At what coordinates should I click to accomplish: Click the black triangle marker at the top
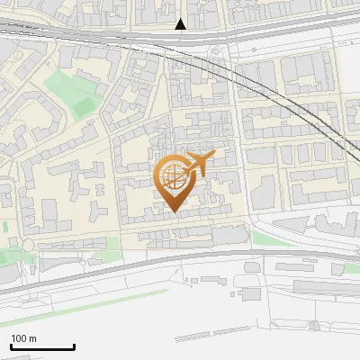coord(181,24)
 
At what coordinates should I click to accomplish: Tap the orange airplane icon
coord(199,164)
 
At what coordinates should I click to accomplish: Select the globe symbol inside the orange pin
coord(172,175)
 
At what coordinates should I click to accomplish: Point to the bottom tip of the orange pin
coord(172,211)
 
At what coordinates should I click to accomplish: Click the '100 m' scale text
coord(23,338)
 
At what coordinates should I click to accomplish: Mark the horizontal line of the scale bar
coord(42,347)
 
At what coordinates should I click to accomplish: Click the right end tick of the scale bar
coord(74,346)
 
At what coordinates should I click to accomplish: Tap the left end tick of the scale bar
coord(11,346)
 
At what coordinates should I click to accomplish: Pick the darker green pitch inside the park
coord(83,106)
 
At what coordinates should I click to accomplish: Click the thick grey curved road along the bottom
coord(180,261)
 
